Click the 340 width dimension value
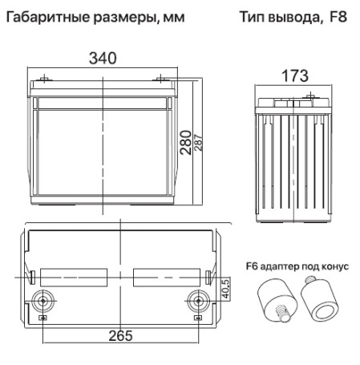pos(103,59)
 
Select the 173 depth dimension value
pos(294,78)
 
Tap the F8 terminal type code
pos(338,15)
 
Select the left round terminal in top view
pos(41,303)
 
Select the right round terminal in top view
pos(195,303)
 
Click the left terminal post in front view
pos(45,79)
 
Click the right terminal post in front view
pos(161,79)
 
